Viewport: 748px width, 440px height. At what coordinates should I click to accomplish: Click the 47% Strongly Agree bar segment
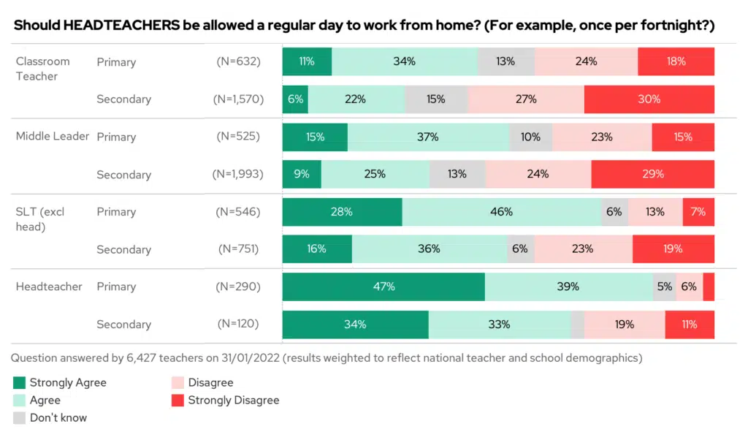pos(383,287)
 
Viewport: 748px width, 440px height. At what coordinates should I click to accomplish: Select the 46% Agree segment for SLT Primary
pos(501,212)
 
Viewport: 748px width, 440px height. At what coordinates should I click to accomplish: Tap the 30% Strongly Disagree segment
pos(649,99)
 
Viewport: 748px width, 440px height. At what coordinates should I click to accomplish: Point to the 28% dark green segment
pos(342,212)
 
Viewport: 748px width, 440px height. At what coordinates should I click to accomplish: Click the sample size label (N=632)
pos(238,62)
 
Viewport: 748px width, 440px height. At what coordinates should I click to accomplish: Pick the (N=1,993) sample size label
pos(238,175)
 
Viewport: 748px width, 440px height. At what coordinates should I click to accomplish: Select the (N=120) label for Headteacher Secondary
pos(238,325)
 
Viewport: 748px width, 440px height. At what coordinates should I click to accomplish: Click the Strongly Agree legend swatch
pos(20,382)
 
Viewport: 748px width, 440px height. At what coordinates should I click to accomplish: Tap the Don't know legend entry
pos(58,418)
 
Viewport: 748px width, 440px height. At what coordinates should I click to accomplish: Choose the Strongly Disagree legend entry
pos(233,400)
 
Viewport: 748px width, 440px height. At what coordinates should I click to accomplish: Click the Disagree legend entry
pos(210,382)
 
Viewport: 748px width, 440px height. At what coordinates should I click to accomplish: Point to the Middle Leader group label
pos(53,137)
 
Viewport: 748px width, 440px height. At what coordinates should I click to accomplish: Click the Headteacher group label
pos(49,287)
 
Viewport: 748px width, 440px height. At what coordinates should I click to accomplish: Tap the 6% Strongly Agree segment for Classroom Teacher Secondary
pos(295,99)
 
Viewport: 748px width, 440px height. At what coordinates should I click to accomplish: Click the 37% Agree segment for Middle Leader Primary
pos(428,137)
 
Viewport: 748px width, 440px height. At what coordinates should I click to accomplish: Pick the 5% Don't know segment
pos(664,287)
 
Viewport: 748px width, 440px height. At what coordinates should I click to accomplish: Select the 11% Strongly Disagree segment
pos(689,325)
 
